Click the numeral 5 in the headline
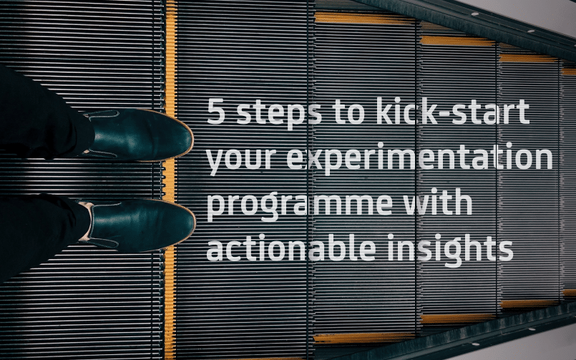click(215, 111)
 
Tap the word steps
click(279, 113)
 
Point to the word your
click(240, 159)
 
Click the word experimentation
click(419, 157)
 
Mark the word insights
click(450, 250)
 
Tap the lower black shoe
click(138, 225)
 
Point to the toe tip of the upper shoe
click(192, 140)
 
